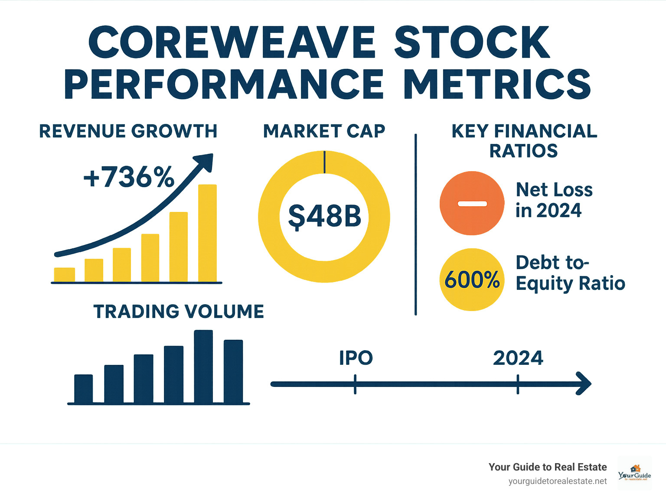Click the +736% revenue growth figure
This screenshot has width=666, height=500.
click(129, 177)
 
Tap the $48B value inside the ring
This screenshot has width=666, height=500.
click(324, 217)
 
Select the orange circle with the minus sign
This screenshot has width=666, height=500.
click(472, 203)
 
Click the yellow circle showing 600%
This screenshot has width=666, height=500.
click(472, 279)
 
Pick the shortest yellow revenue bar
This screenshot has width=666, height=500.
click(64, 274)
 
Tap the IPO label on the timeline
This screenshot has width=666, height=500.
click(356, 358)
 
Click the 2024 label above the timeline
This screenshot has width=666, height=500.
click(518, 358)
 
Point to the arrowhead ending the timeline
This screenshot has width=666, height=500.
click(584, 383)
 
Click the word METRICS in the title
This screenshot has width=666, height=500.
click(497, 84)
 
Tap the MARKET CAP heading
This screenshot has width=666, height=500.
click(324, 131)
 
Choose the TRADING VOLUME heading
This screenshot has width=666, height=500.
click(179, 312)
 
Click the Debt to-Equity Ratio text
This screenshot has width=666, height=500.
click(570, 273)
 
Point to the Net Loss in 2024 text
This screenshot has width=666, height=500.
click(553, 200)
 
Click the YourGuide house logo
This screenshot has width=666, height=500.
click(634, 473)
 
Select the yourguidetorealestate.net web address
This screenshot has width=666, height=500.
click(557, 481)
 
